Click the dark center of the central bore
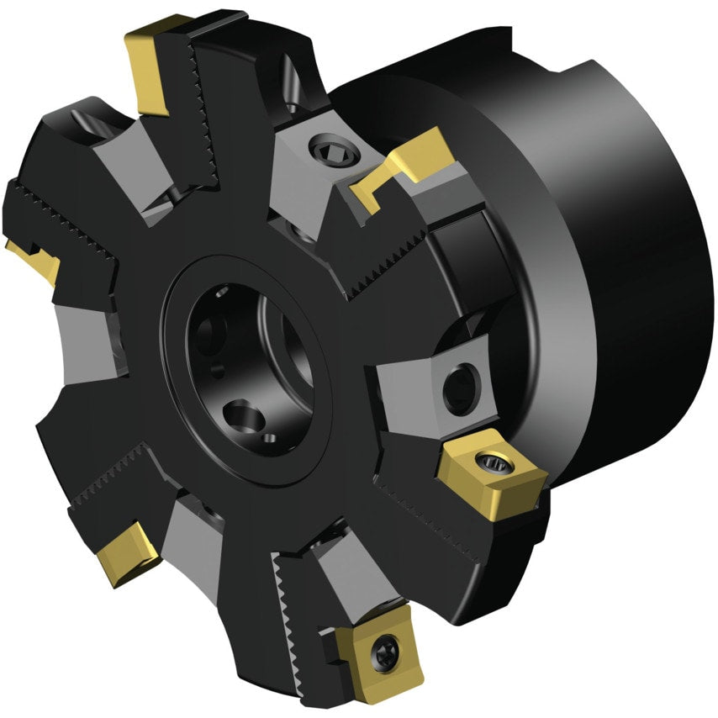[252, 353]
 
